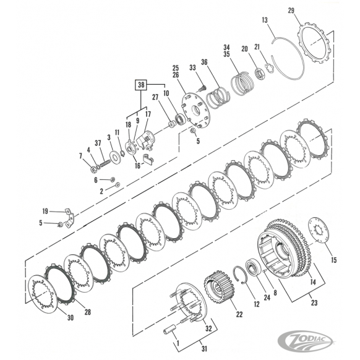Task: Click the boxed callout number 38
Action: pos(141,85)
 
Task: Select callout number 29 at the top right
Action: pos(291,11)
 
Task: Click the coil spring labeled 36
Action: pos(218,98)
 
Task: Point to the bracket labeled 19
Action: pos(69,218)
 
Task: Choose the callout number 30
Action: pos(71,318)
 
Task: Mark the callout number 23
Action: pos(314,302)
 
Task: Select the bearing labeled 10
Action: pos(179,119)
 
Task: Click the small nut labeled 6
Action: pos(113,179)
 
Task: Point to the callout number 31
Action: pos(204,349)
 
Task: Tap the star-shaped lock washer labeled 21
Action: pos(269,69)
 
